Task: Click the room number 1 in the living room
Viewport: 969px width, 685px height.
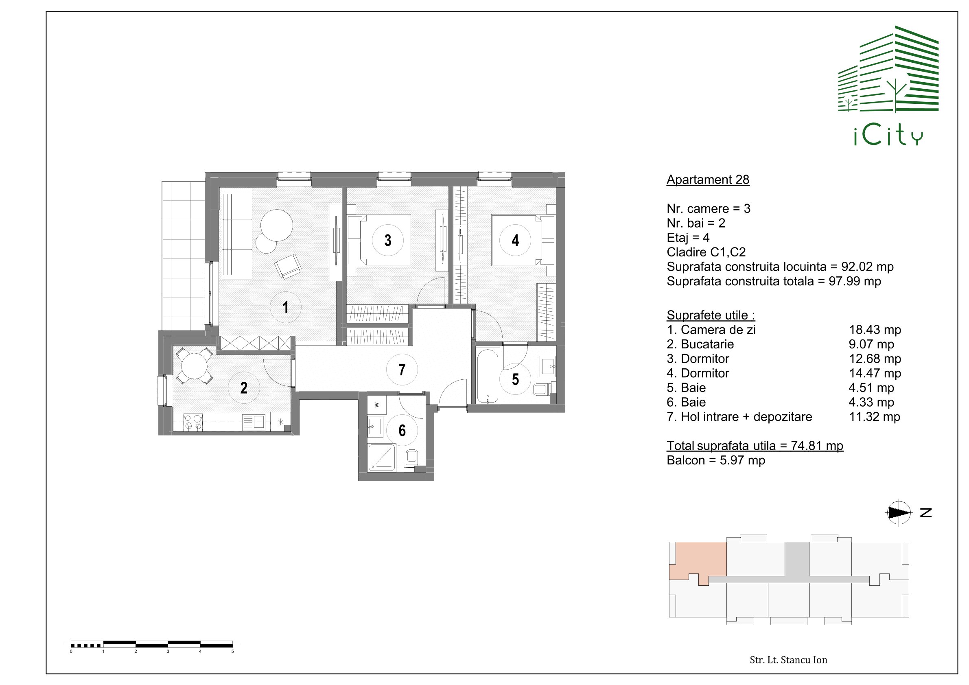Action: coord(286,307)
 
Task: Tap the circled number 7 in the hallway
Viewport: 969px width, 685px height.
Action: coord(402,370)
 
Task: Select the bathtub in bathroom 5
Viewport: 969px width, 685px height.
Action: coord(488,375)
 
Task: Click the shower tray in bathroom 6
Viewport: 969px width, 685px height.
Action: coord(383,457)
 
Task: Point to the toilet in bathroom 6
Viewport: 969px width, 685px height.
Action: coord(411,459)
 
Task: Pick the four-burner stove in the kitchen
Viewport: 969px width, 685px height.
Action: coord(193,422)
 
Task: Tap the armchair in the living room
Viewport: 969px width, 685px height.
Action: coord(288,266)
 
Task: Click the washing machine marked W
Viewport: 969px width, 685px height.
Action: coord(377,405)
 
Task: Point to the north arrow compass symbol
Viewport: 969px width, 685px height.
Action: coord(899,513)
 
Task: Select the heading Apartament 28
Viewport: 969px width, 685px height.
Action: coord(708,179)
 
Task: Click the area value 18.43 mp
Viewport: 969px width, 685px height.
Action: coord(875,330)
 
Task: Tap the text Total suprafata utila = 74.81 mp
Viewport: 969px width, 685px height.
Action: coord(755,446)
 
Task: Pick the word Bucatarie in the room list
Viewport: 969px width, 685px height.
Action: coord(707,344)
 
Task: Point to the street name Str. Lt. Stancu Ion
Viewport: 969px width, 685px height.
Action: coord(788,660)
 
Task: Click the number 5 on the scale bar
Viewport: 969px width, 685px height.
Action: coord(232,651)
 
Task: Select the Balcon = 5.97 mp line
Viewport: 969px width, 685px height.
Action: coord(716,460)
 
